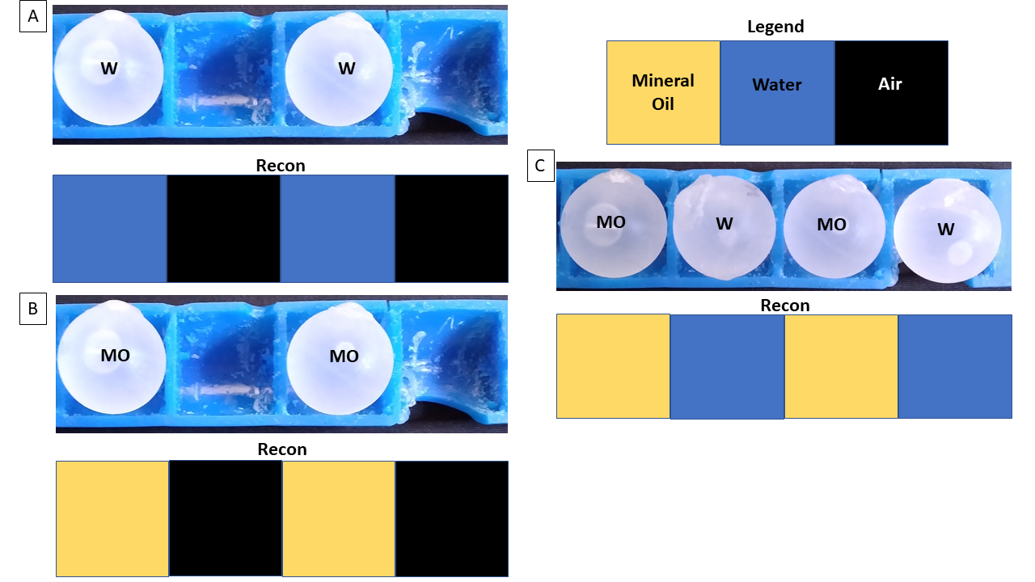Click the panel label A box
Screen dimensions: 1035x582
pyautogui.click(x=33, y=17)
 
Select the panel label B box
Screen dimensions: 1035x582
pyautogui.click(x=33, y=308)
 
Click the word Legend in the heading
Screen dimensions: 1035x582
pyautogui.click(x=775, y=27)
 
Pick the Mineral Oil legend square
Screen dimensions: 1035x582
pyautogui.click(x=663, y=92)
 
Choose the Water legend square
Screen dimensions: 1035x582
pyautogui.click(x=777, y=92)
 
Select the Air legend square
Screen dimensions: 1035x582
pyautogui.click(x=891, y=92)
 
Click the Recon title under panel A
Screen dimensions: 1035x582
pyautogui.click(x=281, y=166)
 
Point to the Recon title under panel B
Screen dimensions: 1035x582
pyautogui.click(x=282, y=449)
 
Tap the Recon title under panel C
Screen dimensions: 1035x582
pyautogui.click(x=785, y=306)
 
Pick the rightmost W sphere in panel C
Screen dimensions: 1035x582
pyautogui.click(x=947, y=230)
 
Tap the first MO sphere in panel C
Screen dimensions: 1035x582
pyautogui.click(x=613, y=226)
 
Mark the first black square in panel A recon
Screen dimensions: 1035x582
pyautogui.click(x=223, y=229)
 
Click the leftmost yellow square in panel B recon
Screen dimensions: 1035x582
pyautogui.click(x=112, y=518)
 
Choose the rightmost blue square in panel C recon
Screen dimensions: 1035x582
pyautogui.click(x=955, y=366)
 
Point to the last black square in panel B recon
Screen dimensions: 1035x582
pyautogui.click(x=451, y=518)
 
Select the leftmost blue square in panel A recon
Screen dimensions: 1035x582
pyautogui.click(x=110, y=229)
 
